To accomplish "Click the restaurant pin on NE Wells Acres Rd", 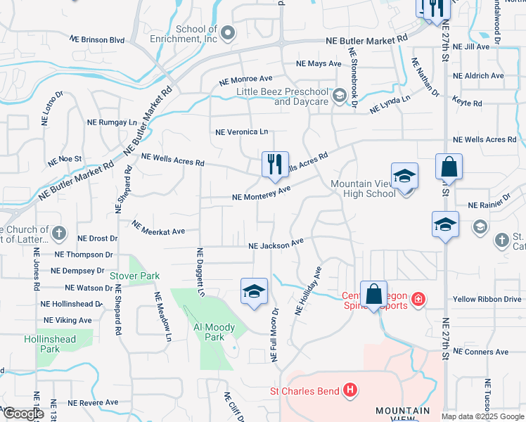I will pos(274,165).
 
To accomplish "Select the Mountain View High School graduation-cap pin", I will pos(404,176).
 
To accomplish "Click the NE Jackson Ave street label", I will pos(276,244).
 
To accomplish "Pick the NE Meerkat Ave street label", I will pos(158,227).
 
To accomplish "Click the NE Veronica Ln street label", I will pos(241,132).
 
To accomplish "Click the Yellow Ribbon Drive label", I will pos(487,300).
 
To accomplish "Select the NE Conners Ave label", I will pos(481,352).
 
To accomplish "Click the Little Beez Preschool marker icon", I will pos(340,96).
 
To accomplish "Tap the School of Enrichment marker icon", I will pos(227,33).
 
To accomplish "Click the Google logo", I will pos(23,414).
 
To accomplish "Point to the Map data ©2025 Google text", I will pos(482,416).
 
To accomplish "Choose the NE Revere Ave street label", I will pos(93,403).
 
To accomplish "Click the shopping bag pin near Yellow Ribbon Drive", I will pos(373,294).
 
